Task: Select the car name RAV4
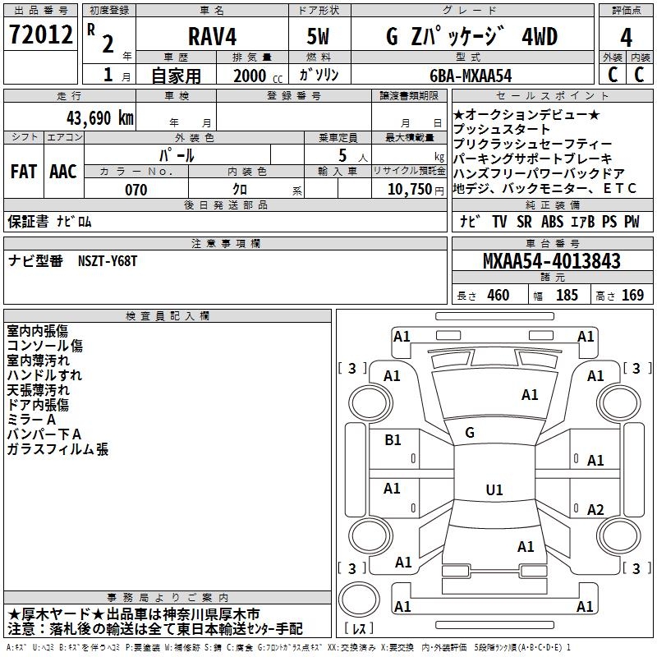tap(211, 38)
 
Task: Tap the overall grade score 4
tap(627, 37)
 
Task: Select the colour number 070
tap(136, 190)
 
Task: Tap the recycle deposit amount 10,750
tap(409, 190)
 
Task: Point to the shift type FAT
tap(23, 172)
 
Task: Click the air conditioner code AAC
tap(63, 172)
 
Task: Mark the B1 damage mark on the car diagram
tap(393, 440)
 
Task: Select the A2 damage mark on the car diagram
tap(595, 510)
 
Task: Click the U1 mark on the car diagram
tap(494, 490)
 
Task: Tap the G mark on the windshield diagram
tap(470, 432)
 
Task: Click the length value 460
tap(498, 296)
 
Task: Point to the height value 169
tap(632, 296)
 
